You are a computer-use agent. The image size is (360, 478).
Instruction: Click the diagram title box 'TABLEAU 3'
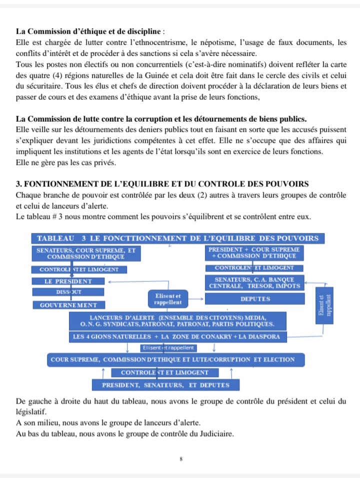click(177, 238)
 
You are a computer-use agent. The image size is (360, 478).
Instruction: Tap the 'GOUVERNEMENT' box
click(68, 305)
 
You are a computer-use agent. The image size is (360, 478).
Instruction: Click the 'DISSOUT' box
click(68, 292)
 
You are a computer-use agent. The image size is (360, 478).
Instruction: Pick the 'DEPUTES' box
click(254, 299)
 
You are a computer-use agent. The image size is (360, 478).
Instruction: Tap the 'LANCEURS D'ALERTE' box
click(177, 321)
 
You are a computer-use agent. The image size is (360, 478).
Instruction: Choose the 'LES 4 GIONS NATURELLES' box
click(177, 337)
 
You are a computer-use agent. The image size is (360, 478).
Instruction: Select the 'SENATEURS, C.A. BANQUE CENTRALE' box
click(254, 282)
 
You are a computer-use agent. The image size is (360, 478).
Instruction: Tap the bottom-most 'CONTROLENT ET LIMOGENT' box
click(163, 372)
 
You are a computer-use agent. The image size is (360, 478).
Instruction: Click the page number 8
click(180, 458)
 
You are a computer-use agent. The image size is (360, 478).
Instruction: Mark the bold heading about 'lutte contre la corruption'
click(161, 119)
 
